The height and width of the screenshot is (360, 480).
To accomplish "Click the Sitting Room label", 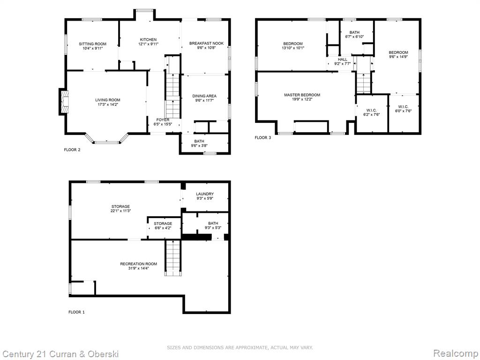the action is (92, 44).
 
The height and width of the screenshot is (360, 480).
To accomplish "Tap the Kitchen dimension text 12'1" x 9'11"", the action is (148, 44).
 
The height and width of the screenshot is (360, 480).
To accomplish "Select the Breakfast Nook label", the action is (206, 44).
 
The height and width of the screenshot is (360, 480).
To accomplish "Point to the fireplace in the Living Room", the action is (64, 102).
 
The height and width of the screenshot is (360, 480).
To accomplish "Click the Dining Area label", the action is (204, 96).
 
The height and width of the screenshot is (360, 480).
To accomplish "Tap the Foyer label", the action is (163, 120).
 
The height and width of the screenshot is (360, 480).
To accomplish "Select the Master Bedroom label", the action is (302, 95).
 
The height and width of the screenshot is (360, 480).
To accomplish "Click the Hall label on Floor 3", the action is (343, 60).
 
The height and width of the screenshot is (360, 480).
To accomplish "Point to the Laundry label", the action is (205, 194).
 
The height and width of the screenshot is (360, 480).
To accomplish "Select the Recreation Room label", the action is (138, 264).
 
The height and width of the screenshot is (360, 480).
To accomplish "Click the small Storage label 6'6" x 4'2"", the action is (163, 224).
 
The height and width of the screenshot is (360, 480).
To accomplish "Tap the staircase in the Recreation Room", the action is (173, 258).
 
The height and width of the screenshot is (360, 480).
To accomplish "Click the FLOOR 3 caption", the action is (262, 138).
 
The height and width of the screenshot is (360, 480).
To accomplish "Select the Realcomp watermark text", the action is (456, 353).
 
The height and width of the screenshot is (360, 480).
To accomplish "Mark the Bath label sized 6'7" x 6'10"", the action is (354, 32).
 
